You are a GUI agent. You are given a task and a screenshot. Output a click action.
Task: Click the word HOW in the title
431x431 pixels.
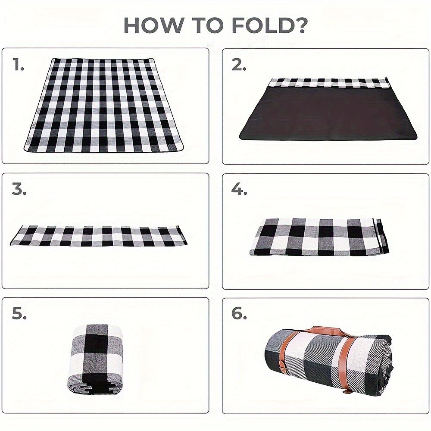[153, 25]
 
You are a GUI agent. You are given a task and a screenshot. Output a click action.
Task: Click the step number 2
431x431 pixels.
[239, 65]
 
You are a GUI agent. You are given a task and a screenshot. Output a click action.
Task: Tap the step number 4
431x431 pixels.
[239, 189]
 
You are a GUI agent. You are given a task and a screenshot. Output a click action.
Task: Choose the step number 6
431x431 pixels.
[239, 314]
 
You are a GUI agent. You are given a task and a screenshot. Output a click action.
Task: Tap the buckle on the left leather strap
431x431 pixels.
[282, 364]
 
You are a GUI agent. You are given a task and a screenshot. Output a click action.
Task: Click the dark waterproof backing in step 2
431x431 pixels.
[328, 114]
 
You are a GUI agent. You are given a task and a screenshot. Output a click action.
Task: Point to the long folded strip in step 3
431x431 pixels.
[98, 236]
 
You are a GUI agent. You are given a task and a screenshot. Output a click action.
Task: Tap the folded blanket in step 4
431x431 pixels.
[319, 237]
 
